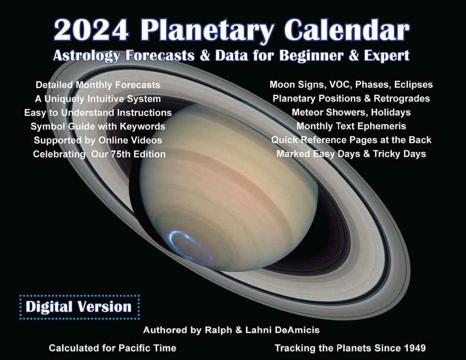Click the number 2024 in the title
91,30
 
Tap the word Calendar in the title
347,30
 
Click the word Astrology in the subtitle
87,56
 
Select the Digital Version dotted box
80,307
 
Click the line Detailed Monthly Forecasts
98,85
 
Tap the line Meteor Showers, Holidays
351,112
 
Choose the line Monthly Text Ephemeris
351,126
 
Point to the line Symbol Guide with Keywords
98,126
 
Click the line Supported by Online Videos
98,140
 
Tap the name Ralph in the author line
218,330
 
